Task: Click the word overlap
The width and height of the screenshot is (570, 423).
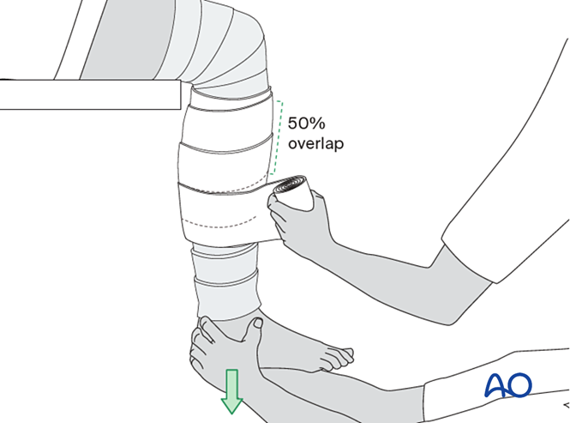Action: (315, 144)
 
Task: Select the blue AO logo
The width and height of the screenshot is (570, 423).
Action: (507, 385)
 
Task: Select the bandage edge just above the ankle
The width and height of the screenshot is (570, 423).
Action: (227, 311)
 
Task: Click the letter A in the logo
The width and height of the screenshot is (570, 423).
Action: (496, 385)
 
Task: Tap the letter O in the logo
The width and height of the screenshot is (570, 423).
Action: (519, 385)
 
